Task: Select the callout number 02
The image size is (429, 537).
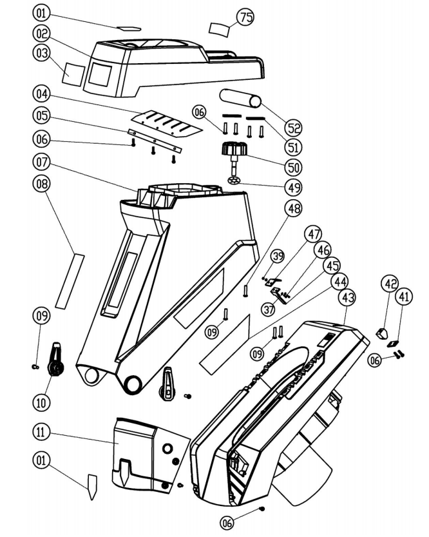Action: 42,33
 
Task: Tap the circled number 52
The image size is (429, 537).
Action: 294,127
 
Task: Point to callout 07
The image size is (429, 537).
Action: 42,159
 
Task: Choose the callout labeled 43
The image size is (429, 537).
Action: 348,298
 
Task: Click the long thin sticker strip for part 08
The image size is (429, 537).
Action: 69,280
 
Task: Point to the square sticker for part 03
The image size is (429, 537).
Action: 72,74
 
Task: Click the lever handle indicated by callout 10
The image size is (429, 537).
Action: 57,360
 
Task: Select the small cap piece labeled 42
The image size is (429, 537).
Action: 381,333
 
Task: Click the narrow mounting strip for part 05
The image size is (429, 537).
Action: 155,140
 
